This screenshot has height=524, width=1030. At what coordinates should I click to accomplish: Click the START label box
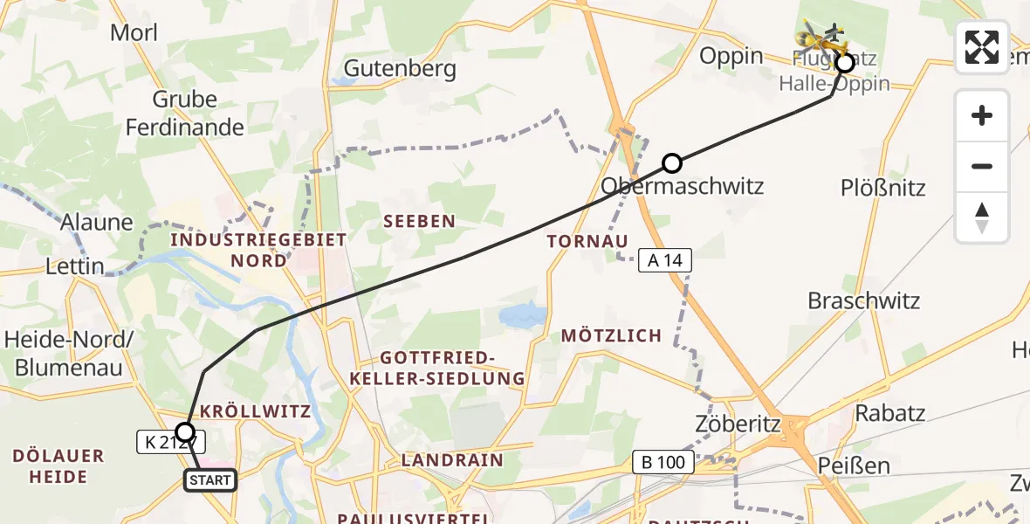(209, 480)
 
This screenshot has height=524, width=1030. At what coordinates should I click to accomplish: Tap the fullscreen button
(982, 47)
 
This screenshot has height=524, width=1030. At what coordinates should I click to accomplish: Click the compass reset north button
(982, 217)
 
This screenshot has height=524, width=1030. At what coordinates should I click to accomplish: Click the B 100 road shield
(663, 462)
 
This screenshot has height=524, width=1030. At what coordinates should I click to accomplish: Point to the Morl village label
(134, 33)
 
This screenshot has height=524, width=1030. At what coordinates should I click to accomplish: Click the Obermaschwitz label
(683, 186)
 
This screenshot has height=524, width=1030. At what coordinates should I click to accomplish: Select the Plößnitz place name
(882, 188)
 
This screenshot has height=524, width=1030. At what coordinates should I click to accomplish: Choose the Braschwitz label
(864, 301)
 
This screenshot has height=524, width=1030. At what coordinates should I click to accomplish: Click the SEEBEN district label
(420, 222)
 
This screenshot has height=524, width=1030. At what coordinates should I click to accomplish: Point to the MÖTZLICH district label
(611, 335)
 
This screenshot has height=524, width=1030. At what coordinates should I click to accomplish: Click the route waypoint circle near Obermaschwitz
(671, 163)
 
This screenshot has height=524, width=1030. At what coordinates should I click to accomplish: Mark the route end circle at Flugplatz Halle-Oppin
(844, 63)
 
